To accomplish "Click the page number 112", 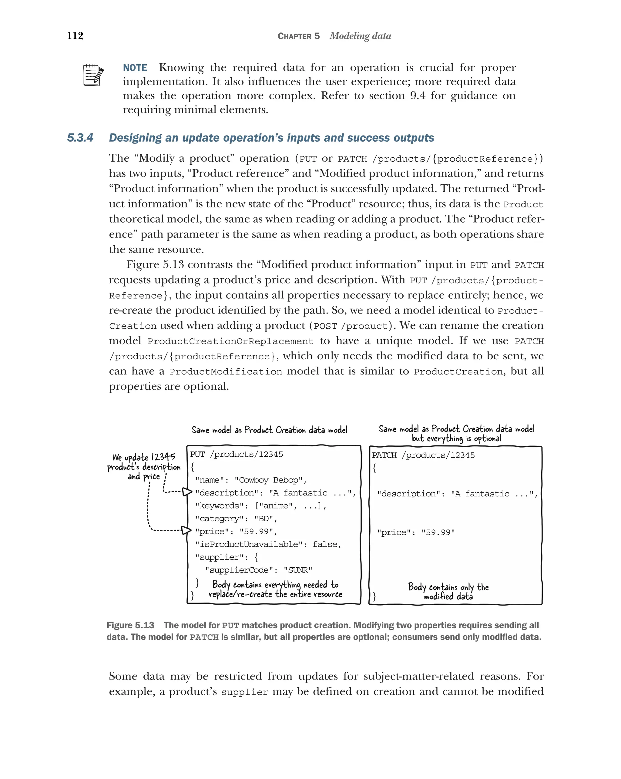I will [x=75, y=35].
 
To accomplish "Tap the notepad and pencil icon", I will [x=93, y=75].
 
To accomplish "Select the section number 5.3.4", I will [x=80, y=138].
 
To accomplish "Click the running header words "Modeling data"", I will [x=360, y=36].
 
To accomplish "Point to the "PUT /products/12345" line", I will [x=236, y=454].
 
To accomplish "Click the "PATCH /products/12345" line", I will [x=423, y=455].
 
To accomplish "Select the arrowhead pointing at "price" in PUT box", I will [x=186, y=530].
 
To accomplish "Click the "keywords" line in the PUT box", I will [x=260, y=506].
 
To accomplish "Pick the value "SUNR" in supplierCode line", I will [x=298, y=570].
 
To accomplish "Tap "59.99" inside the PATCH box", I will [x=438, y=532].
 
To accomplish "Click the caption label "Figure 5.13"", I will [x=130, y=626].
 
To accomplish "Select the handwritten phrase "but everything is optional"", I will [x=456, y=439].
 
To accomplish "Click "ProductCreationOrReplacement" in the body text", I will [x=230, y=341].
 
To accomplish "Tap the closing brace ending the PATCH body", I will [x=374, y=596].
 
